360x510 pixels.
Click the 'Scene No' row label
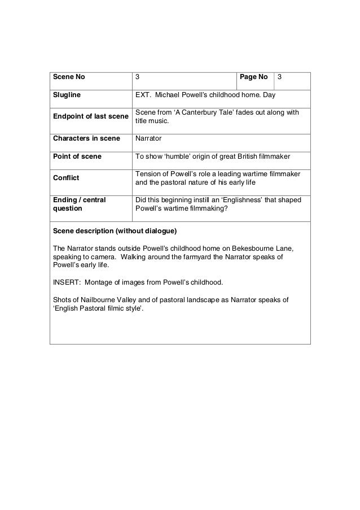[68, 76]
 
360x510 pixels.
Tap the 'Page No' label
[253, 76]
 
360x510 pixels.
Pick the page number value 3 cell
[280, 76]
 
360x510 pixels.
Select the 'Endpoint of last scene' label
[90, 117]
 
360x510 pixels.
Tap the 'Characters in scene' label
[86, 138]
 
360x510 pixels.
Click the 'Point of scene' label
[77, 156]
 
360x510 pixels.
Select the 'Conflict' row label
[65, 178]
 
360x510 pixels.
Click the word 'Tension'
[148, 173]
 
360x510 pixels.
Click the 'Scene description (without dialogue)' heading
[115, 231]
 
